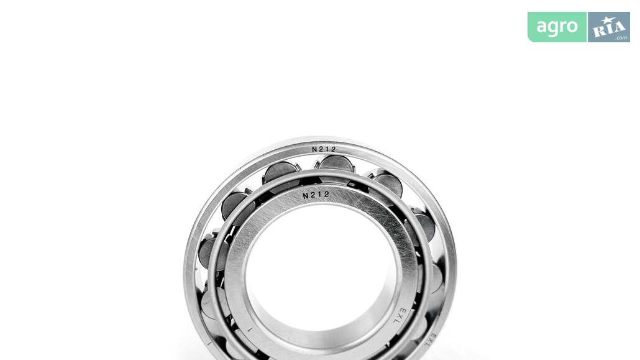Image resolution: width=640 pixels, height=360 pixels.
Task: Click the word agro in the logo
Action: (557, 27)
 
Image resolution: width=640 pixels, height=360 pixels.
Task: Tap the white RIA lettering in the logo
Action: (608, 28)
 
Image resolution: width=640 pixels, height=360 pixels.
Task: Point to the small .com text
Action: (621, 37)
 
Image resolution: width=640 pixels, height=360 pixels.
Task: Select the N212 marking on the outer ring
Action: (324, 150)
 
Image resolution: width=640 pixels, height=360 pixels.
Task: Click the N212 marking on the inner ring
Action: (316, 195)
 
